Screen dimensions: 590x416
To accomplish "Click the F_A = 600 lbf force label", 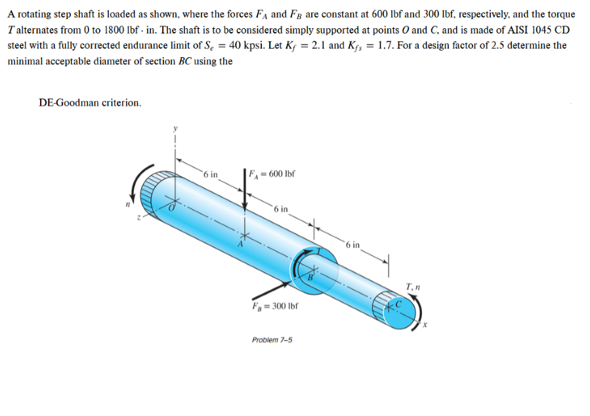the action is pyautogui.click(x=272, y=174).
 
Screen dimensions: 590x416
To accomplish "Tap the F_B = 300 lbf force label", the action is pyautogui.click(x=275, y=306).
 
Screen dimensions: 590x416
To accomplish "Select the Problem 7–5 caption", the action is pyautogui.click(x=272, y=340).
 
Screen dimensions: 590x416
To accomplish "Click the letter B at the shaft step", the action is pyautogui.click(x=310, y=278).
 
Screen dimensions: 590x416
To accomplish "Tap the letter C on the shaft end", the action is pyautogui.click(x=398, y=303).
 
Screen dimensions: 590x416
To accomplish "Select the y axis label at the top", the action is pyautogui.click(x=175, y=129).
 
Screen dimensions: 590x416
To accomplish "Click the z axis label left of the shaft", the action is pyautogui.click(x=139, y=218).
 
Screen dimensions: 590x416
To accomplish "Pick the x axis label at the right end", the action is pyautogui.click(x=425, y=324).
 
